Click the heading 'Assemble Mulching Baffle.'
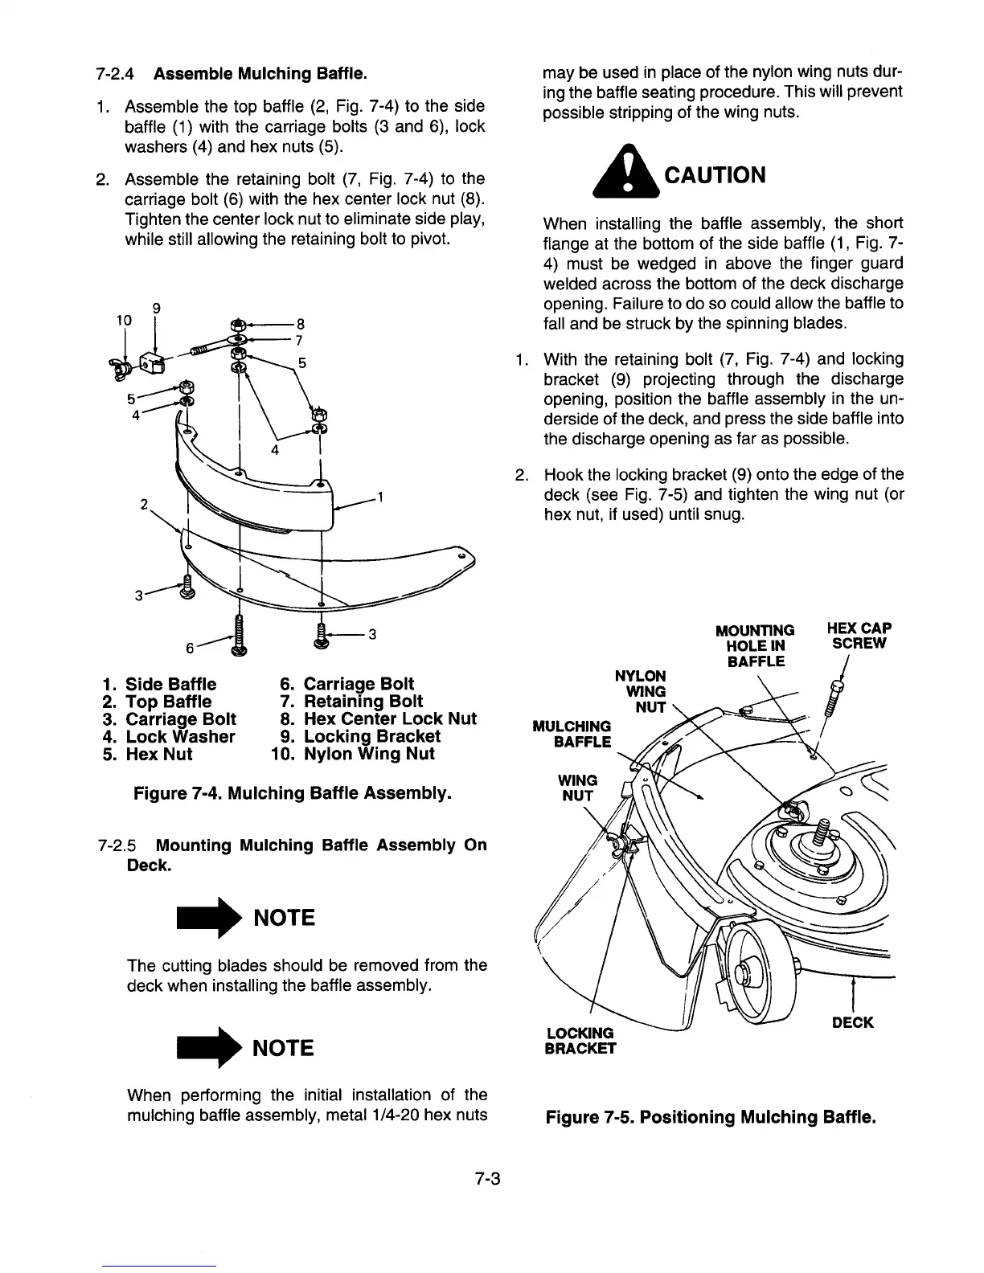coord(260,74)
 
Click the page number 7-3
coord(487,1179)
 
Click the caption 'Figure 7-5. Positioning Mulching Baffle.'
coord(710,1117)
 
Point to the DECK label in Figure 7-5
coord(852,1022)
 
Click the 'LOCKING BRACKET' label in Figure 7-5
coord(580,1040)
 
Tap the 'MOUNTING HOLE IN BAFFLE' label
coord(755,645)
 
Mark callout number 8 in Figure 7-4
coord(300,325)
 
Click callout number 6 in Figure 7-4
coord(190,647)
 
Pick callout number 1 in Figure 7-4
coord(379,496)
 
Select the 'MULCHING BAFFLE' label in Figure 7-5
coord(572,734)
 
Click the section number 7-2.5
coord(117,845)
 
